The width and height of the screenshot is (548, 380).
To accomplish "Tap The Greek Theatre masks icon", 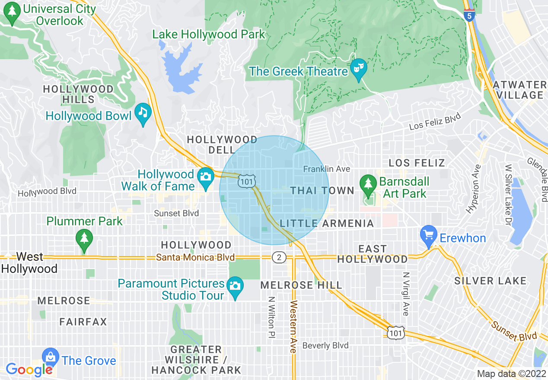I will (x=358, y=68).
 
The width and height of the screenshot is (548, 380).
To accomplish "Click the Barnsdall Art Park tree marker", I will (x=368, y=183).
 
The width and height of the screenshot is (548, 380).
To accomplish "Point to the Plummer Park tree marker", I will (x=84, y=238).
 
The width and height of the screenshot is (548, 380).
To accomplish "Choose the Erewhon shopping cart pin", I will (x=428, y=235).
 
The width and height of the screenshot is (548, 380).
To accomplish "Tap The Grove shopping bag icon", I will (x=51, y=357).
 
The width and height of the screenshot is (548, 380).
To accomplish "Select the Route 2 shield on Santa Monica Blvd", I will (x=279, y=258).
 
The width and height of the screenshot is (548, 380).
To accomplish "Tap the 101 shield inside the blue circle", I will (x=246, y=182).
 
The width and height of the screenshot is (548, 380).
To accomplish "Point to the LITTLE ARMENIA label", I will (x=327, y=223).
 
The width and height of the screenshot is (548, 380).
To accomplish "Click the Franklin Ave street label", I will (x=327, y=169).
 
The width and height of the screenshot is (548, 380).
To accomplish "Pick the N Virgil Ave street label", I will (x=405, y=294).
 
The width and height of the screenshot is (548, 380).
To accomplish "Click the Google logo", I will (x=29, y=370).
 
